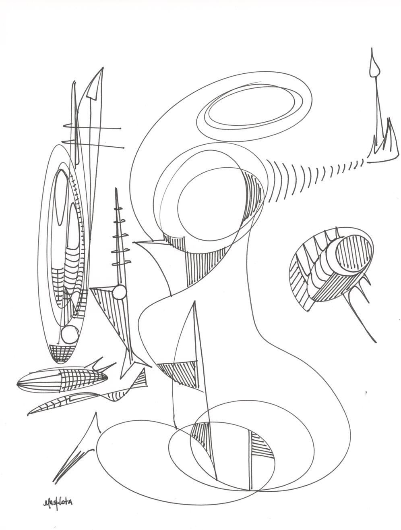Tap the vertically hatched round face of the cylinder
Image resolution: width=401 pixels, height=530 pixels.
(353, 253)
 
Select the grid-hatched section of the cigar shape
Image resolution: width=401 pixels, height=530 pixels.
(81, 379)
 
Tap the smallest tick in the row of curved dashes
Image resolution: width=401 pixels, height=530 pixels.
(362, 162)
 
